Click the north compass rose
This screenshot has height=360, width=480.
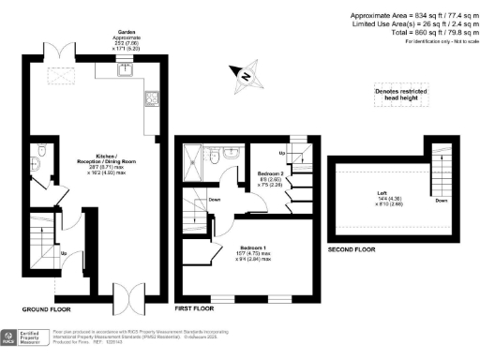click(x=247, y=76)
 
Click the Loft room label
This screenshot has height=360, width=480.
click(x=363, y=201)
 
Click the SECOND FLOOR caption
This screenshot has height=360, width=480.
click(x=352, y=251)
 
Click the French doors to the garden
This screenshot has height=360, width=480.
click(x=62, y=52)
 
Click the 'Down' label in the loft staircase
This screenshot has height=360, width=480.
click(x=442, y=200)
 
